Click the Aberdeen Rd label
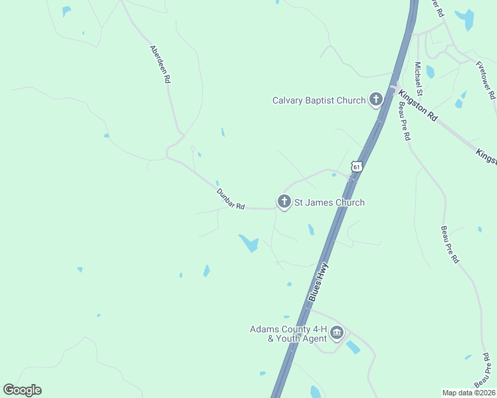[160, 64]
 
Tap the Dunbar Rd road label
[231, 199]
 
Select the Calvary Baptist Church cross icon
[376, 100]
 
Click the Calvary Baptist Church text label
[319, 101]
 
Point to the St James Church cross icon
[284, 201]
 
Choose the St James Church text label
[330, 202]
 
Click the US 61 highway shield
[357, 166]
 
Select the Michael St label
[419, 79]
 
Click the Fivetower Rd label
[486, 80]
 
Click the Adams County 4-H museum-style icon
[337, 332]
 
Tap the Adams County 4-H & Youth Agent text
[288, 334]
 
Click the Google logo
[22, 390]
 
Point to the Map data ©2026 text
[468, 393]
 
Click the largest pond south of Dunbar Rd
[249, 243]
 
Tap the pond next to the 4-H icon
[353, 347]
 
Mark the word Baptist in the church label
[324, 101]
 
